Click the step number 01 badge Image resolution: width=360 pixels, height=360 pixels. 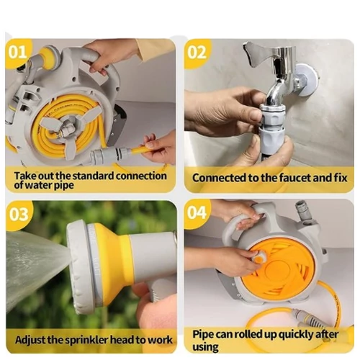tap(17, 52)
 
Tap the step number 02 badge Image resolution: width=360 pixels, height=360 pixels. tap(197, 53)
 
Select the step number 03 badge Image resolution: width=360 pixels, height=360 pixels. tap(18, 215)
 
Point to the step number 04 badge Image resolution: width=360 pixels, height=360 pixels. tap(197, 212)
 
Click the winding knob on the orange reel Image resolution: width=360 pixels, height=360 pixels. tap(258, 257)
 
